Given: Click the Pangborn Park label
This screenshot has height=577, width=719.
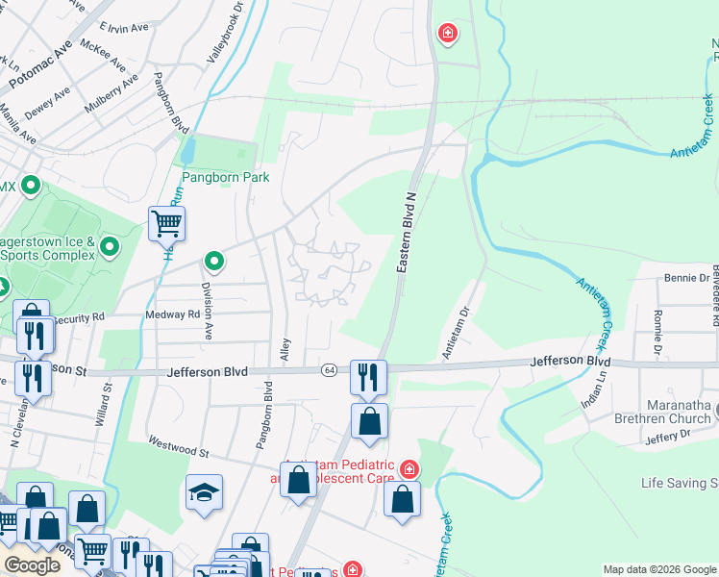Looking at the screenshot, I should tap(226, 177).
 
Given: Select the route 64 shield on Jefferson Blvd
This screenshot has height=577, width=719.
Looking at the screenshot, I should tap(330, 370).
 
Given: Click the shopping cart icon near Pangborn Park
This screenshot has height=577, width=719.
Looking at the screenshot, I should tap(167, 224).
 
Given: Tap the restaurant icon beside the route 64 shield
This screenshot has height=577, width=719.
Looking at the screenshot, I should tap(367, 377).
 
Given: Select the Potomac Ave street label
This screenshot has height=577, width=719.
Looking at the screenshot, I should tap(40, 67).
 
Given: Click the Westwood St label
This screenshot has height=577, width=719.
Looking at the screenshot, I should tap(178, 446).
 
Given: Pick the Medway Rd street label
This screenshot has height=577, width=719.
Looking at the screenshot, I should tap(172, 314).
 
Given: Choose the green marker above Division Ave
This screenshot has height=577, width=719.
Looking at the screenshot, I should tap(213, 261).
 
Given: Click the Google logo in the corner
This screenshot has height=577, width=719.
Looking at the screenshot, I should tap(32, 565).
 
